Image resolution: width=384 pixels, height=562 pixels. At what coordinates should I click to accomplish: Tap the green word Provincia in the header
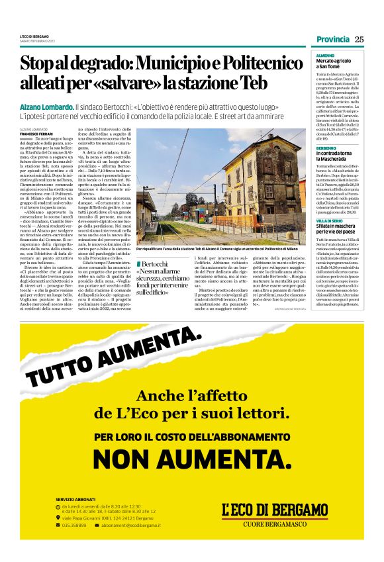click(x=332, y=38)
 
